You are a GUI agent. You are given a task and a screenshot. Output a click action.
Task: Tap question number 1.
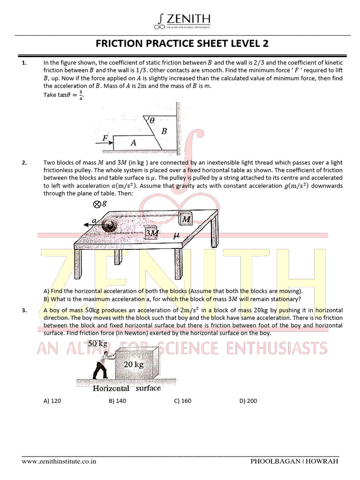[24, 62]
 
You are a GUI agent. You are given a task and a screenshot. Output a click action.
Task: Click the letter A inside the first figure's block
[133, 143]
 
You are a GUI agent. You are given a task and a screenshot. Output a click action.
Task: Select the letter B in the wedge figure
[164, 132]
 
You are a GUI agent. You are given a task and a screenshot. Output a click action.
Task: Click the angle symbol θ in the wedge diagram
[152, 120]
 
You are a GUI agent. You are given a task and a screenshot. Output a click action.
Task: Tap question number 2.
[24, 163]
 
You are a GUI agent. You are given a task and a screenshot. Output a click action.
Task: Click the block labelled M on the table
[186, 219]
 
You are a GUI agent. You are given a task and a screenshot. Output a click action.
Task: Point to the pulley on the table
[111, 225]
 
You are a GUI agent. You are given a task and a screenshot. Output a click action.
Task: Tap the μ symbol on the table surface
[176, 236]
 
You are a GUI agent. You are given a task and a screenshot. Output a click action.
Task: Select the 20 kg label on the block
[133, 365]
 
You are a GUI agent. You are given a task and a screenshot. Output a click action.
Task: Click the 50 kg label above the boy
[98, 344]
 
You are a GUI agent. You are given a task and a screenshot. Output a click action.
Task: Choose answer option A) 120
[52, 401]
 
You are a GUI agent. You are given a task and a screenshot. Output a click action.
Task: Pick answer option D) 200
[248, 401]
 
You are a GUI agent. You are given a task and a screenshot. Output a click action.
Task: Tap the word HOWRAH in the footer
[323, 461]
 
